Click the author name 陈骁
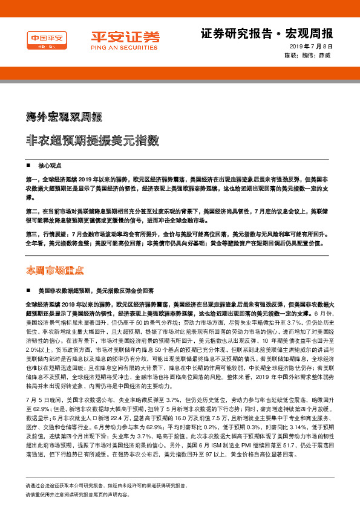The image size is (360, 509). (290, 55)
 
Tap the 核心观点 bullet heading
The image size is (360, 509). (51, 166)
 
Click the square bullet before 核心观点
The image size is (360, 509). (28, 166)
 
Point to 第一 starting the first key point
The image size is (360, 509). (31, 180)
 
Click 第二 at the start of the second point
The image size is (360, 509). (31, 212)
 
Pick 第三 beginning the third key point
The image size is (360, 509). (31, 234)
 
